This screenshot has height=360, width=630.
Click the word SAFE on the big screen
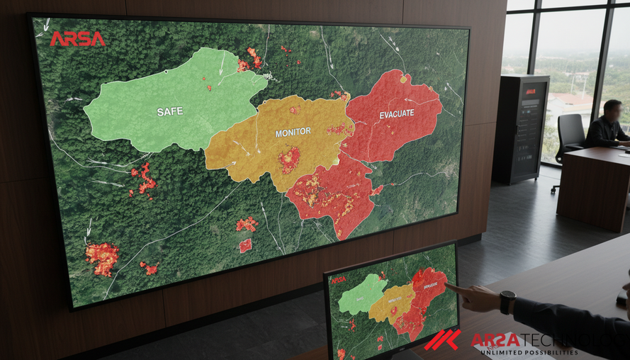click(x=170, y=111)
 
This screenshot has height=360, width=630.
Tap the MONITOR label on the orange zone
click(x=293, y=133)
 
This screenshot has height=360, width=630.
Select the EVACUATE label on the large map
click(x=396, y=114)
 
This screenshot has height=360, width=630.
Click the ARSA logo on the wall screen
click(x=77, y=39)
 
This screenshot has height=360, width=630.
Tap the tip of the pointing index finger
click(x=449, y=286)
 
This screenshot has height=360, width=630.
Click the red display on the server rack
click(x=530, y=91)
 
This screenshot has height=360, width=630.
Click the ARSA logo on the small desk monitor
click(x=339, y=280)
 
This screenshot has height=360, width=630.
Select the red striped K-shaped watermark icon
click(x=442, y=340)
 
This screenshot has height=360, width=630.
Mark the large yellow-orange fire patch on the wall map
click(x=103, y=257)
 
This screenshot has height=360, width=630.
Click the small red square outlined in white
click(x=245, y=246)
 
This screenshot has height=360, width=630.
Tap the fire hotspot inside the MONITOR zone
click(x=289, y=159)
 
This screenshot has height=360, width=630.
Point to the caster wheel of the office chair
click(x=555, y=189)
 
